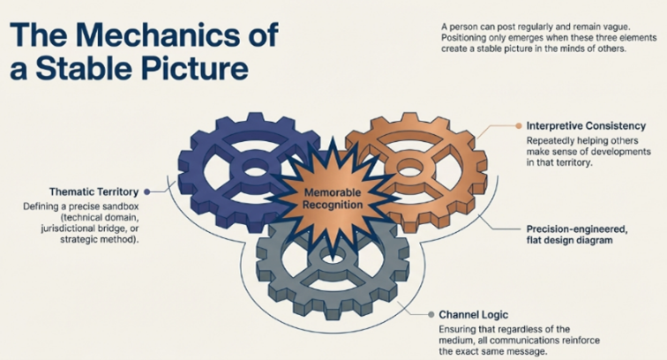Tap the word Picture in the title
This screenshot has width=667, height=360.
tap(193, 68)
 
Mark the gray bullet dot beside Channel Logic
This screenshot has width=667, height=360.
tap(430, 314)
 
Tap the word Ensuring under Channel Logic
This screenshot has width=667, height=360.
tap(460, 329)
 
